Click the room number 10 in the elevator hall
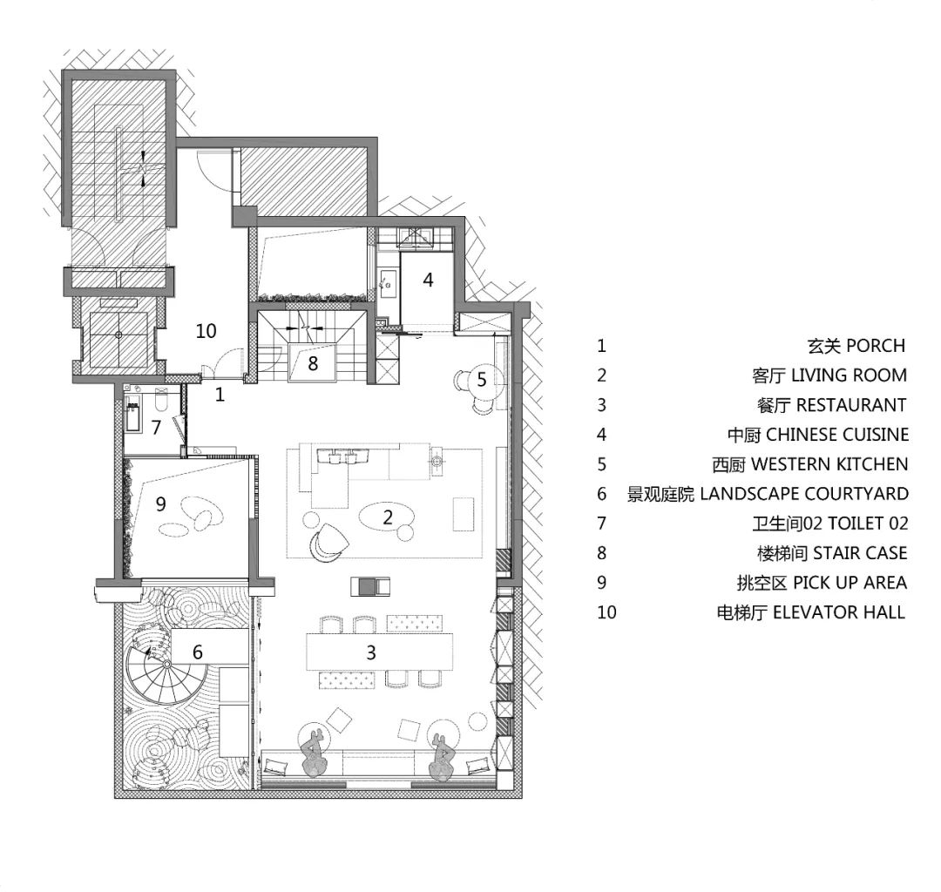click(206, 330)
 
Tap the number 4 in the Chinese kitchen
click(428, 280)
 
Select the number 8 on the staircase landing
click(313, 363)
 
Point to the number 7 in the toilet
click(157, 427)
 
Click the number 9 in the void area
click(160, 503)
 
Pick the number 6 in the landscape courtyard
click(198, 652)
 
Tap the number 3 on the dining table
click(371, 652)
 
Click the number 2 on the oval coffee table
click(388, 517)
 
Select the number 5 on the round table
click(481, 379)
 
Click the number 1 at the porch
click(220, 394)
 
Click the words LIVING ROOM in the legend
click(849, 375)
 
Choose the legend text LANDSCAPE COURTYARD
click(804, 494)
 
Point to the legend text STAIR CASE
click(860, 552)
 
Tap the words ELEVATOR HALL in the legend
click(839, 612)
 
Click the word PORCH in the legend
click(875, 346)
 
